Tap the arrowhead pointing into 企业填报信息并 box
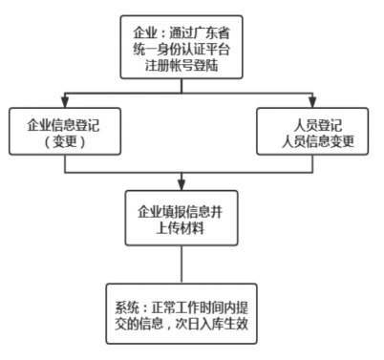(181, 183)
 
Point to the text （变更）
(65, 143)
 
